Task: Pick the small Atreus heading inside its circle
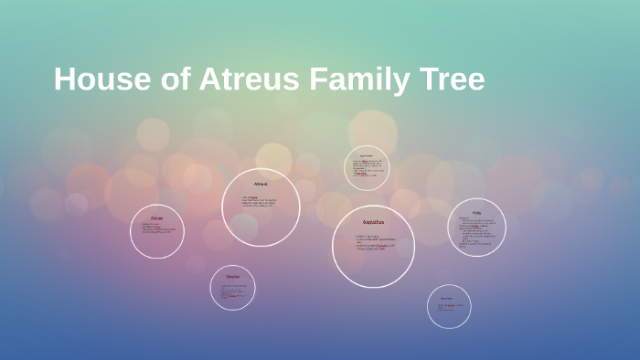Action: tap(261, 185)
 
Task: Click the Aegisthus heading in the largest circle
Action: tap(373, 222)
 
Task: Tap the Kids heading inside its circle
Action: tap(476, 212)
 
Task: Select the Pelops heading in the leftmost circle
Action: tap(156, 217)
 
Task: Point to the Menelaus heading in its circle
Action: tap(232, 276)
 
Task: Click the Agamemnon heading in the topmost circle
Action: tap(367, 154)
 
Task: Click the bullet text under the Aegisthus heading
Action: tap(375, 242)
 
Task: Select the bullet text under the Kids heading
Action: tap(477, 233)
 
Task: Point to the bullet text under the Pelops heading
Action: tap(156, 228)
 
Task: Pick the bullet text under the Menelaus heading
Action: tap(232, 291)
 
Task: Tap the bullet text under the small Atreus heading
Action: tap(260, 202)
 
